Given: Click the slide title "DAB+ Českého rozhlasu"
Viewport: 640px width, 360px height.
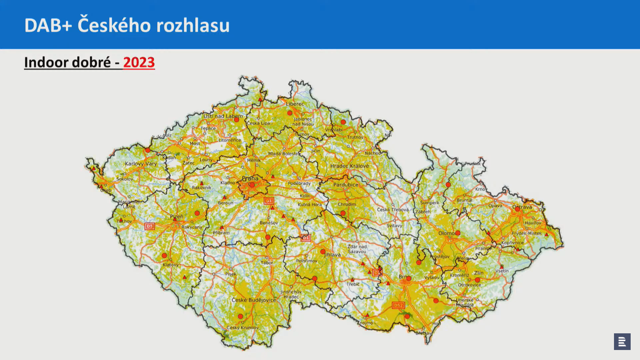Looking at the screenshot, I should pyautogui.click(x=127, y=25).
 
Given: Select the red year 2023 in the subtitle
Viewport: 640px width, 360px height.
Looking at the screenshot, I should pyautogui.click(x=139, y=62).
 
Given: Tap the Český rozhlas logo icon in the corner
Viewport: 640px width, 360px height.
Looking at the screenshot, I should pyautogui.click(x=622, y=341).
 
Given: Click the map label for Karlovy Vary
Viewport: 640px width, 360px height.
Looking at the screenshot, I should pyautogui.click(x=141, y=164).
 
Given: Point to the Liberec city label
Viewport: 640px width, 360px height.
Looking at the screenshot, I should pyautogui.click(x=295, y=104).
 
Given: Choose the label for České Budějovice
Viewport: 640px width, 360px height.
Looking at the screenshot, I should pyautogui.click(x=254, y=300).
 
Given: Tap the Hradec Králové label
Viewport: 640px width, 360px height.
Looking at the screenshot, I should pyautogui.click(x=349, y=166).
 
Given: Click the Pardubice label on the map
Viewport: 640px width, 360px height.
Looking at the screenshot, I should pyautogui.click(x=346, y=185).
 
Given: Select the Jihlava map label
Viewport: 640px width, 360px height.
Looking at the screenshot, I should pyautogui.click(x=332, y=255).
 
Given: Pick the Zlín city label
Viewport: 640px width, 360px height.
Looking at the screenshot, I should pyautogui.click(x=479, y=273).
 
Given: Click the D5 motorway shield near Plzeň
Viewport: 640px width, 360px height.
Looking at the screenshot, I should pyautogui.click(x=150, y=226).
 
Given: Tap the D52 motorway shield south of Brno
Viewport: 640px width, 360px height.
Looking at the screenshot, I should pyautogui.click(x=398, y=305).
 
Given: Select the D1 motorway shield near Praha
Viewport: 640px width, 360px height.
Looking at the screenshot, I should pyautogui.click(x=269, y=201).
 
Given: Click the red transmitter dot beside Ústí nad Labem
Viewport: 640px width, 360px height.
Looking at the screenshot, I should pyautogui.click(x=236, y=120).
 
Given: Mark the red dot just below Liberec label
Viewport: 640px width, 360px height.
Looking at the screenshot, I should pyautogui.click(x=290, y=113).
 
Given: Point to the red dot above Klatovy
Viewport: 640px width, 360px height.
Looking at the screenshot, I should pyautogui.click(x=164, y=256).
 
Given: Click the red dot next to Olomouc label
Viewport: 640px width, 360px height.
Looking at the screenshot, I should pyautogui.click(x=458, y=233).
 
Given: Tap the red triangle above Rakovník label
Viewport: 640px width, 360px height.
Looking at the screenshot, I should pyautogui.click(x=202, y=183).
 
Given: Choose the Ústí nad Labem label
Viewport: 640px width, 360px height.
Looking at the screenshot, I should pyautogui.click(x=223, y=116).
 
